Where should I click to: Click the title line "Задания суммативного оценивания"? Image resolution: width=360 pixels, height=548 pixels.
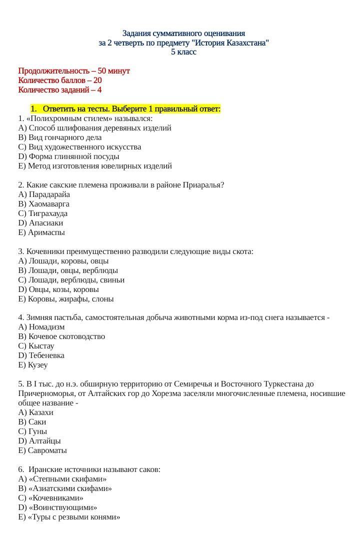183,33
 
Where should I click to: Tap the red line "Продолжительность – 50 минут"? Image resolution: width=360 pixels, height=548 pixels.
74,71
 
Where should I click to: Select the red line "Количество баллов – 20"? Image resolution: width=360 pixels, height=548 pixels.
60,80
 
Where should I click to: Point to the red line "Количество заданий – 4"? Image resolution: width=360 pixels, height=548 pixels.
60,90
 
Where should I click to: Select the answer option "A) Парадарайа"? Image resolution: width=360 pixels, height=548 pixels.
44,194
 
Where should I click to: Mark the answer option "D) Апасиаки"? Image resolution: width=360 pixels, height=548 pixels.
40,223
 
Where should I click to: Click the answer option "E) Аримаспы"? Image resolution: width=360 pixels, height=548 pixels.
41,232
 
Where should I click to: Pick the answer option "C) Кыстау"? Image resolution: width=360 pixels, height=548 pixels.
36,346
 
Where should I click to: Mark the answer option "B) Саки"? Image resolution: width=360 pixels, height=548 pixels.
32,422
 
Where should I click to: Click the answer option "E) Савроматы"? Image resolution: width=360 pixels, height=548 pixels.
42,450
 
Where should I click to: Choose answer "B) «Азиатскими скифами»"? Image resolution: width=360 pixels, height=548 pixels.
65,488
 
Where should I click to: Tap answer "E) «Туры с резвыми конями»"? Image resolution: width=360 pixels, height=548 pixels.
69,517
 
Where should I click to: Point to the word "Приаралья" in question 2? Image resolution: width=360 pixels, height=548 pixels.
205,185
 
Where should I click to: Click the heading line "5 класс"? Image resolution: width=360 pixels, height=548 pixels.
183,52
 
